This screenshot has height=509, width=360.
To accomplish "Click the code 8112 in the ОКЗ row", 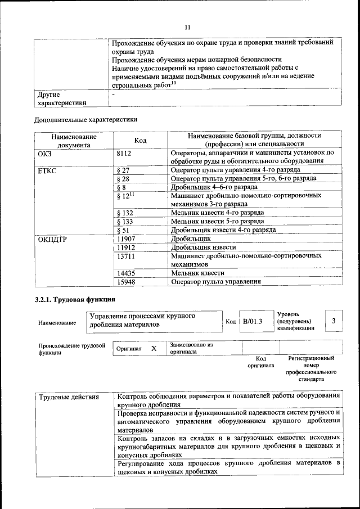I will click(x=125, y=152).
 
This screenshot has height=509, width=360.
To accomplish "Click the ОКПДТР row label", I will click(x=52, y=239).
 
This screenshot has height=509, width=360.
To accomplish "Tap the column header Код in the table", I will click(x=140, y=140).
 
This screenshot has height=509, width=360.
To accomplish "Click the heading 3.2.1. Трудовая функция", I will click(x=75, y=299).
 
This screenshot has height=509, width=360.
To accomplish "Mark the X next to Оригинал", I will click(x=154, y=348).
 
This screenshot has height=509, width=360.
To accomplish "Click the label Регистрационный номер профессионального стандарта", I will click(x=311, y=368).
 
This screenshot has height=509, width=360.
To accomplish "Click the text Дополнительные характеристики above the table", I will click(x=85, y=119).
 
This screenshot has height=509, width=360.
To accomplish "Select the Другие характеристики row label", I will click(x=62, y=98).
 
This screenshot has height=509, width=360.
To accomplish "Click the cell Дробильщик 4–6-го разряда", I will click(x=208, y=187).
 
